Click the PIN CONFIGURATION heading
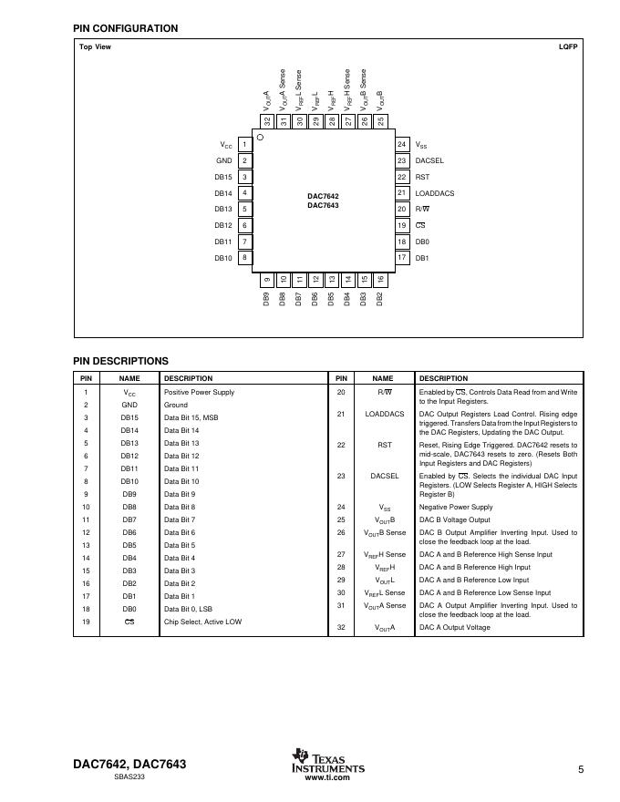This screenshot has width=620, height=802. point(125,28)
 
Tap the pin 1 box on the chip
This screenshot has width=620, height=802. point(244,145)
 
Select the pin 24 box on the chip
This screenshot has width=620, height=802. point(401,145)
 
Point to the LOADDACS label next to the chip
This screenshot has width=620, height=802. point(434,193)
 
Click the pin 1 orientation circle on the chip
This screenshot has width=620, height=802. point(260,138)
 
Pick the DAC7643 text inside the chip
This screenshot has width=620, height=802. point(323,206)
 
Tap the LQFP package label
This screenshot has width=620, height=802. point(568,46)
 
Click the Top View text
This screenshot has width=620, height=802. point(95,46)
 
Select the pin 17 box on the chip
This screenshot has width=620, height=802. point(401,258)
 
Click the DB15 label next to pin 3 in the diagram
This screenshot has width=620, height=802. point(223,177)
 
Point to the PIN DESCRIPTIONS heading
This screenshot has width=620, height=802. point(120,361)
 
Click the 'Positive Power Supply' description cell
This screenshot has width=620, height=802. point(199,392)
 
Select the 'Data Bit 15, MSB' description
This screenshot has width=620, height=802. point(193,417)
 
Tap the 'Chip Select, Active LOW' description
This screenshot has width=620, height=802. point(202,622)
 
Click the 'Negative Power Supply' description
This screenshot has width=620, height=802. point(456,507)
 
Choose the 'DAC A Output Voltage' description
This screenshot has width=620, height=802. point(454,627)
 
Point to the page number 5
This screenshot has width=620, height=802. point(580,770)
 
